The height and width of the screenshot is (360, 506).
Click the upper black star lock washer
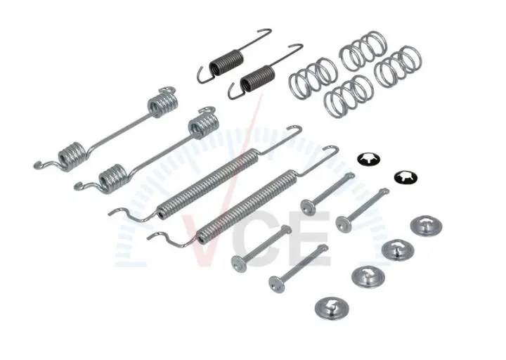coord(368,159)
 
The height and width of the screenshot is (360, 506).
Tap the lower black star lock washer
coord(406,176)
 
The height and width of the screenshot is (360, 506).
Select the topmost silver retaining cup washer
coord(427,226)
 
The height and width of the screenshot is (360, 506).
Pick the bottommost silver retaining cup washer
coord(332,307)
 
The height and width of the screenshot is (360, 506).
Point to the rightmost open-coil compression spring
coord(398,67)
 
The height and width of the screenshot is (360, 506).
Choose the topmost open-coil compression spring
coord(363,51)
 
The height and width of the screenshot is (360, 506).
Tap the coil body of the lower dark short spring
coord(258,77)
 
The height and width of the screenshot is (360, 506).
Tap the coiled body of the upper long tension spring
coord(208,184)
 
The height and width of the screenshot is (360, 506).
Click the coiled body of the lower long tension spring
coord(247,206)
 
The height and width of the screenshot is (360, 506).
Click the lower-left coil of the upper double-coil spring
coord(72,156)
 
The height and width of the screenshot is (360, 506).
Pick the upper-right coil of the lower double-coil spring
coord(204,124)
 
